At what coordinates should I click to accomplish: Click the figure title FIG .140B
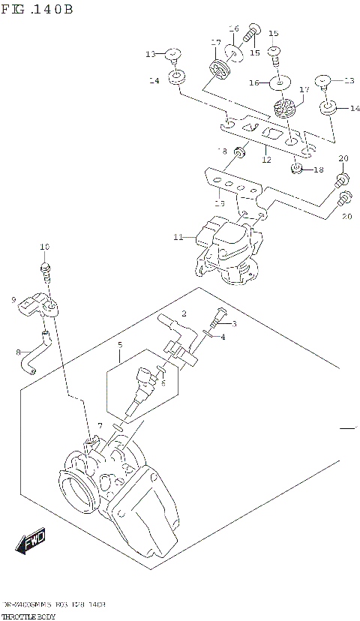pyautogui.click(x=37, y=9)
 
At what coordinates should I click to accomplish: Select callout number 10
pyautogui.click(x=44, y=247)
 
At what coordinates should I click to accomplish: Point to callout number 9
pyautogui.click(x=13, y=300)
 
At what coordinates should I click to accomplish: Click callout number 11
pyautogui.click(x=178, y=238)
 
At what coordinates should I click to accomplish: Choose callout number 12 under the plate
pyautogui.click(x=265, y=159)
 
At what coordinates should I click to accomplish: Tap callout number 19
pyautogui.click(x=219, y=202)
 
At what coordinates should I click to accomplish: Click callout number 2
pyautogui.click(x=183, y=313)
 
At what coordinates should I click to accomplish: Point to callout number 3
pyautogui.click(x=233, y=323)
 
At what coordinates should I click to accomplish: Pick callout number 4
pyautogui.click(x=222, y=337)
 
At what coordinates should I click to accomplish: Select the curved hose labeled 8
pyautogui.click(x=37, y=355)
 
